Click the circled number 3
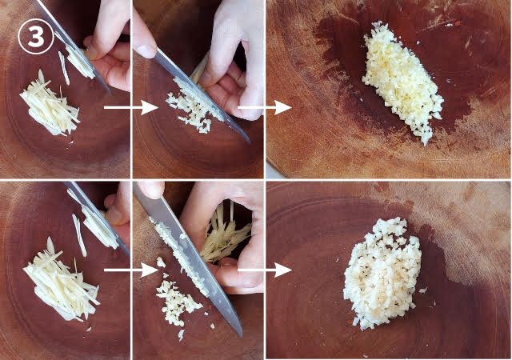[36, 37]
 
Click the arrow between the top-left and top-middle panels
[130, 107]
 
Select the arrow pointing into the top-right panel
[264, 107]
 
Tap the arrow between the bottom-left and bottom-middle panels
[130, 270]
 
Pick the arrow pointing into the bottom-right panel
[264, 270]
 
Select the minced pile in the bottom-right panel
[382, 273]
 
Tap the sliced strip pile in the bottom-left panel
[61, 281]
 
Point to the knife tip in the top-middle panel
[250, 142]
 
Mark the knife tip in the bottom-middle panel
[241, 336]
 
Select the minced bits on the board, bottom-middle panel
[176, 302]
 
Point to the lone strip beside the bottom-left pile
[79, 235]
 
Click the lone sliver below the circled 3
[64, 68]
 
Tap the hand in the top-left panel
[110, 46]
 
